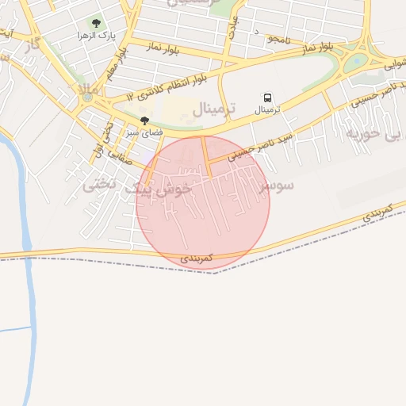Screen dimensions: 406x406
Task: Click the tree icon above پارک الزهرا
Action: pos(96,24)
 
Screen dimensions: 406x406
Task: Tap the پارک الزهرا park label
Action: pos(93,37)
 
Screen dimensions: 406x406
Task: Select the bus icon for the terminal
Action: pos(266,98)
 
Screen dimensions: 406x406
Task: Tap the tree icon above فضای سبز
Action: pos(144,121)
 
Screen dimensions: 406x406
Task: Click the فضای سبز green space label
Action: pos(144,132)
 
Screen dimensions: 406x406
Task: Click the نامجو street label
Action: pos(279,38)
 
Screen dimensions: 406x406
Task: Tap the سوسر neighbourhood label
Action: pos(277,185)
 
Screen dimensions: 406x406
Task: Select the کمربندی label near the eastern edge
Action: pos(380,212)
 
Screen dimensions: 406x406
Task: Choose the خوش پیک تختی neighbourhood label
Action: pos(136,188)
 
